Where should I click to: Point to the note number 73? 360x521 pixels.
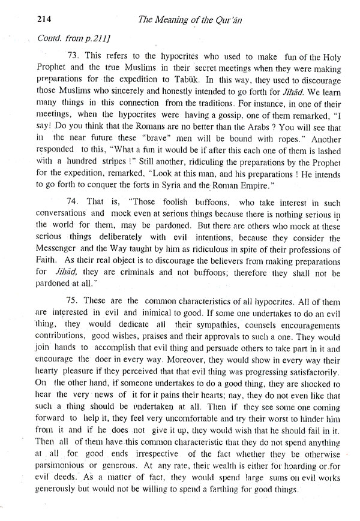[x=73, y=55]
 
